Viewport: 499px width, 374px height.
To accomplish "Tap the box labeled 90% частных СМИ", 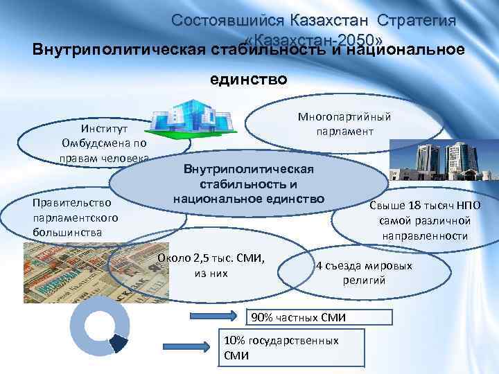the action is pos(297,317).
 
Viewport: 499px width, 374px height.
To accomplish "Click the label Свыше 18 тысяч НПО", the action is pos(424,207).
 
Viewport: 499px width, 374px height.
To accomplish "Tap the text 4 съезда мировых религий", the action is pos(364,273).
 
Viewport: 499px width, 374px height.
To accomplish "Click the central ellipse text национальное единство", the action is pos(249,199).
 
